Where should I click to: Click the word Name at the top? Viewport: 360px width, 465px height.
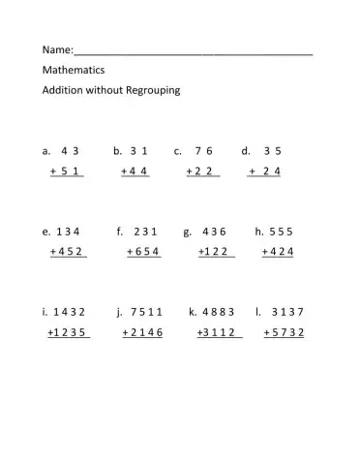(56, 49)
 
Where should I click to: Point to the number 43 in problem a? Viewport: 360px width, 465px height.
(69, 151)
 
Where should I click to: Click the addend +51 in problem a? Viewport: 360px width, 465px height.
(66, 171)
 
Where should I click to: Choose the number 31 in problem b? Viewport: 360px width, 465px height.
(137, 151)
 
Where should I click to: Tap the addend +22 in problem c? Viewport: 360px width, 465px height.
(202, 171)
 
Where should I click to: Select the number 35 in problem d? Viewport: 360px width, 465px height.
(272, 151)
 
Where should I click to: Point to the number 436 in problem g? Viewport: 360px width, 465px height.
(214, 232)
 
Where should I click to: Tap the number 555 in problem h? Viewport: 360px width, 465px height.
(281, 232)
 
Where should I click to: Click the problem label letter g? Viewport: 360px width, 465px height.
(185, 232)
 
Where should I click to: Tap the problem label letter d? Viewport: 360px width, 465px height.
(245, 151)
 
